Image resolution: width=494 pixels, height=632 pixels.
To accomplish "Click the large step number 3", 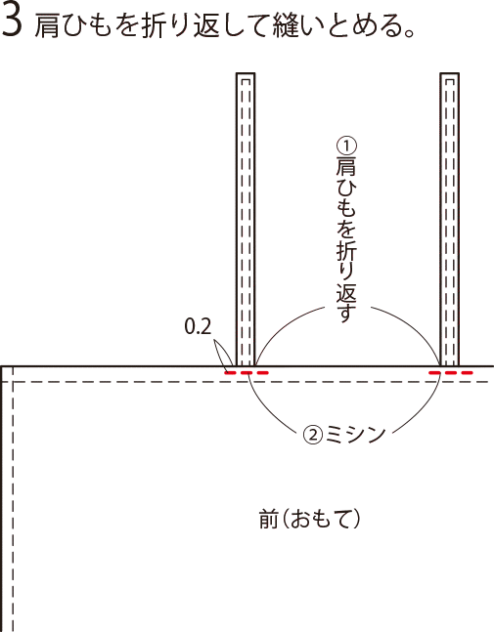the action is pos(12,23).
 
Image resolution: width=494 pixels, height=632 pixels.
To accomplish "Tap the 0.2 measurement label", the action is pos(198,326).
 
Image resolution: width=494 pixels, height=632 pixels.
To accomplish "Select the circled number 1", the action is pos(346,147).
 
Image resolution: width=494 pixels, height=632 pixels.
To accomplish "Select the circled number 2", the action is pos(313,435).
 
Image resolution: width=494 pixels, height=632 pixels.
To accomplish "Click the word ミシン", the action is pos(355,435).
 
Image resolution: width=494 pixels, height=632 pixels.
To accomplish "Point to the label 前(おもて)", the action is pos(309,519).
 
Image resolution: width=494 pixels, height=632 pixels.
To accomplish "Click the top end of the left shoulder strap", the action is pos(246,73).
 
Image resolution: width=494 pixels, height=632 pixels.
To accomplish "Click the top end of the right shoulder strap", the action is pos(449,73).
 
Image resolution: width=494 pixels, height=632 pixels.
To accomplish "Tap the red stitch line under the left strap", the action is pos(247,373).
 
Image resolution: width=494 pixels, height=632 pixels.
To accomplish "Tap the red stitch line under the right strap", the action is pos(450,373).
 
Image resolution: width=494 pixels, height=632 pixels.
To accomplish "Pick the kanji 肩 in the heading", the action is pos(47,27).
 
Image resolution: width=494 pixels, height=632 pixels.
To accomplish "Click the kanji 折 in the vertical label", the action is pos(346,251).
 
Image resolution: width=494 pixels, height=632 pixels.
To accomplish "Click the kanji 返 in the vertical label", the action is pos(346,293).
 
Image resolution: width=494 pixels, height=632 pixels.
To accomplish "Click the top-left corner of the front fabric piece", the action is pos(2,366).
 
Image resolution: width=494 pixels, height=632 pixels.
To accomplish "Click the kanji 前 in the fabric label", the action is pos(269,519).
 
